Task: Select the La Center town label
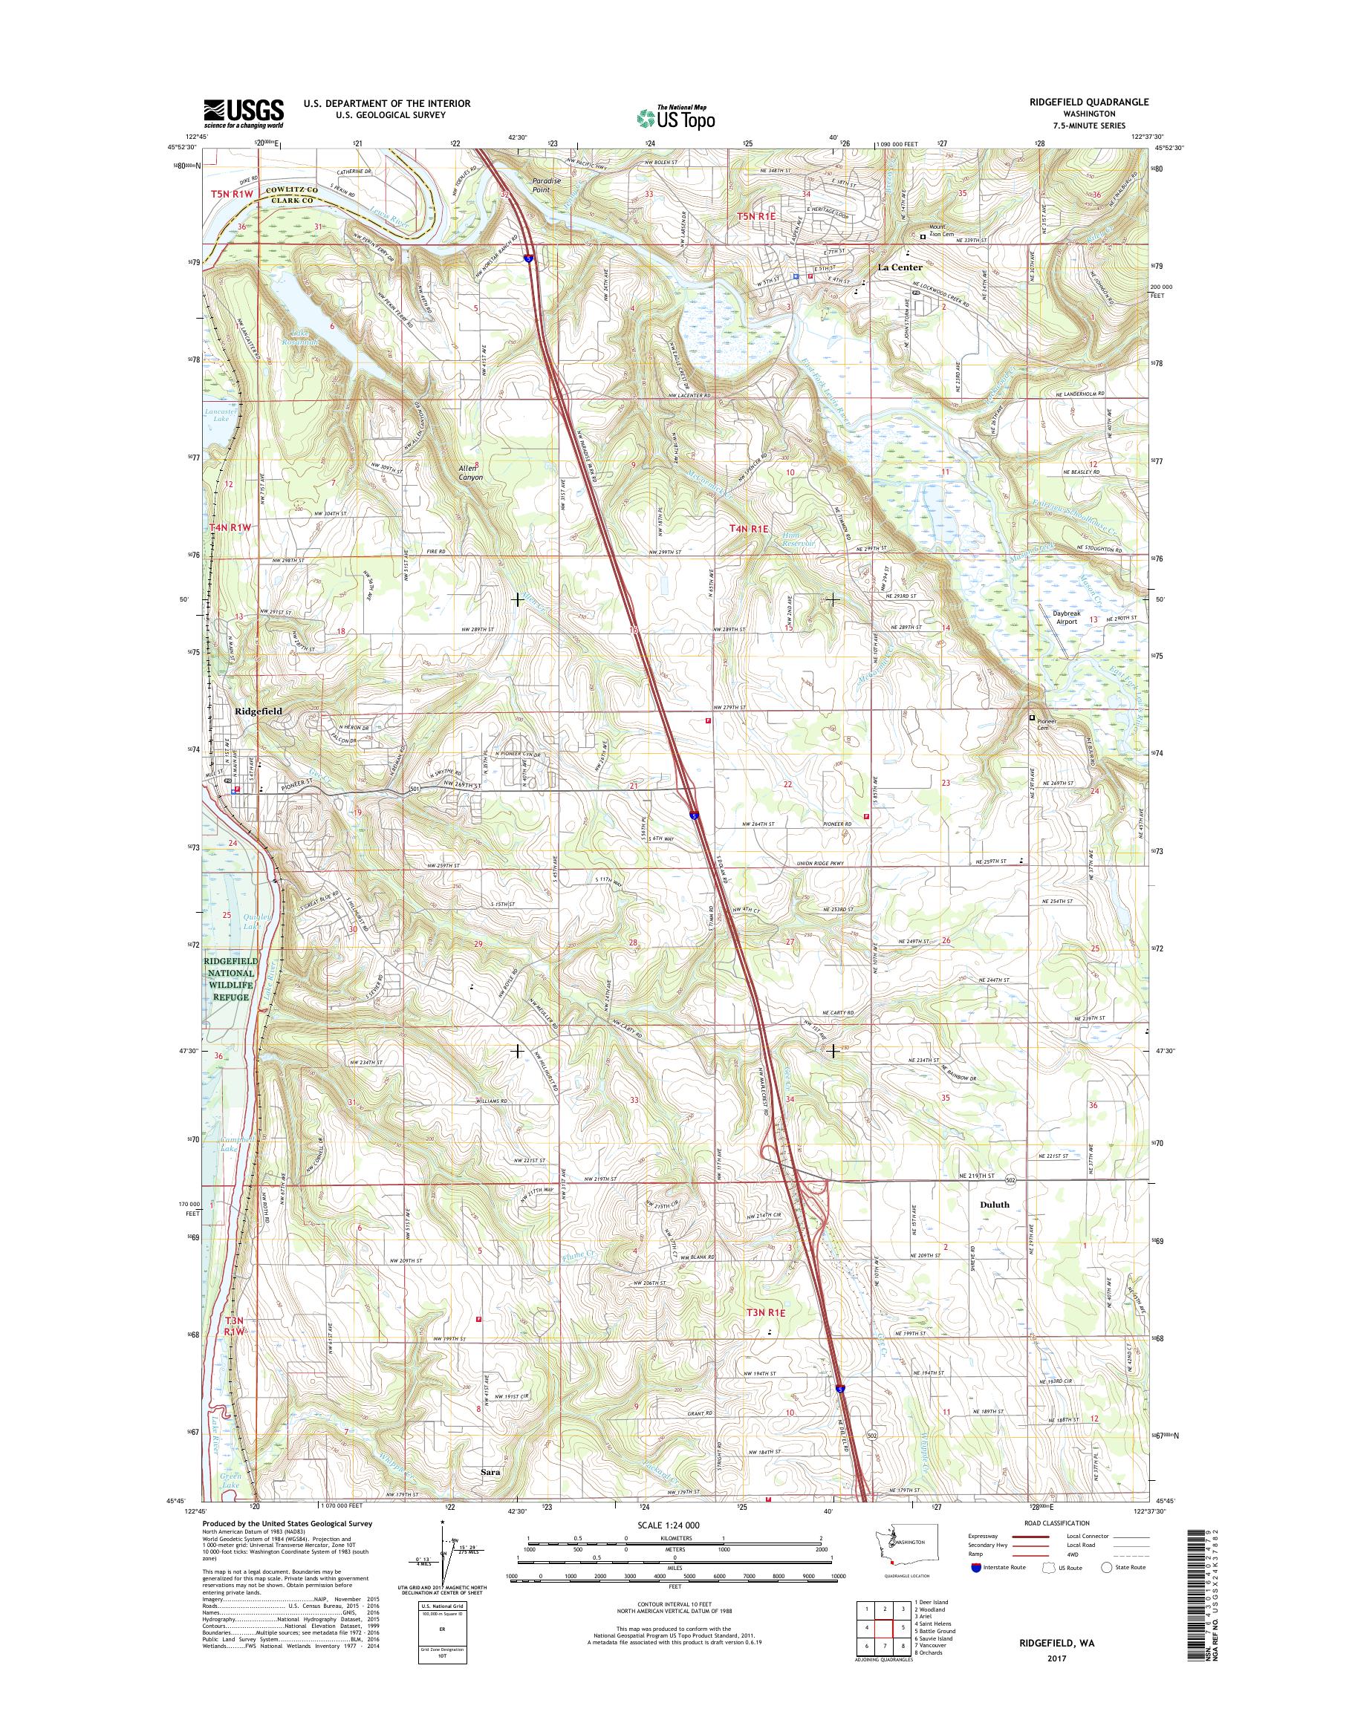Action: pyautogui.click(x=900, y=267)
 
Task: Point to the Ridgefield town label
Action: pyautogui.click(x=258, y=711)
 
